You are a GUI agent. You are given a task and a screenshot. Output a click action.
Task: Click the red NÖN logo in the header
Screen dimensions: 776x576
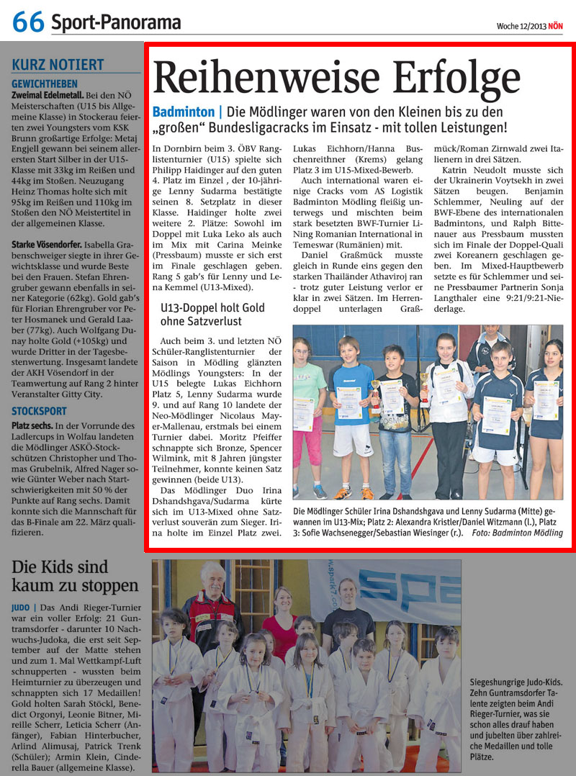555,27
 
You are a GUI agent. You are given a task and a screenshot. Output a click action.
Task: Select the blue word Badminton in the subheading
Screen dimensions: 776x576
184,112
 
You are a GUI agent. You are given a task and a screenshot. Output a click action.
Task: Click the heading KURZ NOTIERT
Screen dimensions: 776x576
58,65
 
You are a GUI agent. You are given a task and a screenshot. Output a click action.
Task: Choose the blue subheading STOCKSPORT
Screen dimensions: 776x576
39,411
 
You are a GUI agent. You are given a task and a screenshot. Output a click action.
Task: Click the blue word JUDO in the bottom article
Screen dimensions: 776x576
21,608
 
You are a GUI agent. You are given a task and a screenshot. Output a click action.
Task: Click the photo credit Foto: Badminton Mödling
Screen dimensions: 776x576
517,533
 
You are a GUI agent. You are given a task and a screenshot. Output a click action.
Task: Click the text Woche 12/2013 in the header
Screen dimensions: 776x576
520,27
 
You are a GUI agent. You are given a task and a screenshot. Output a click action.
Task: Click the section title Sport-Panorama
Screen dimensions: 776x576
116,23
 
